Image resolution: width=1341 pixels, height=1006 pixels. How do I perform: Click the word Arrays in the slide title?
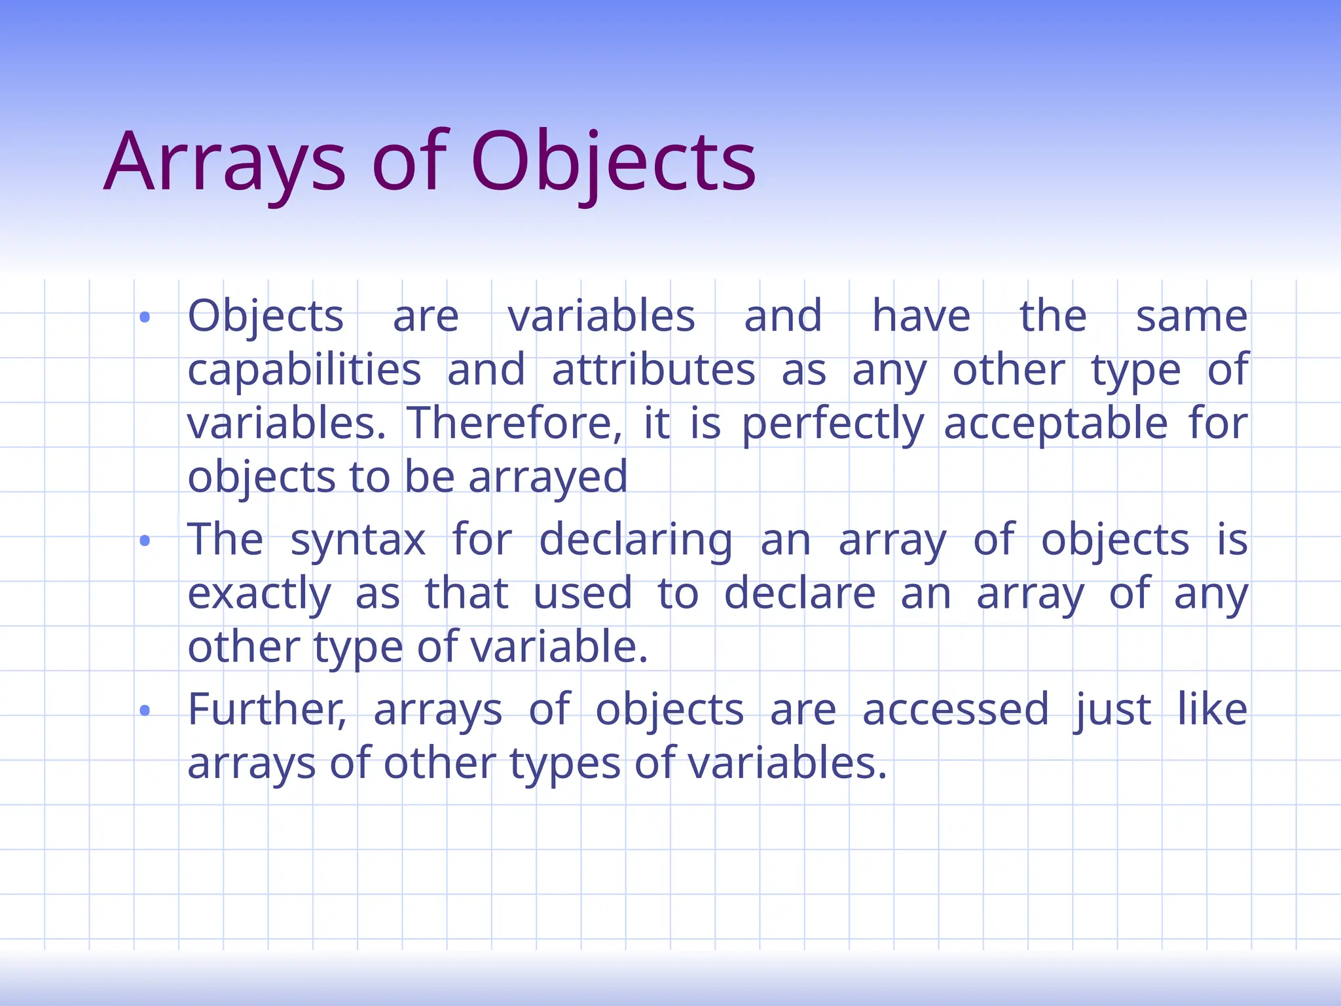[x=225, y=162]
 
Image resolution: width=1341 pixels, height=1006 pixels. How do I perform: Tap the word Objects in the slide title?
[x=613, y=162]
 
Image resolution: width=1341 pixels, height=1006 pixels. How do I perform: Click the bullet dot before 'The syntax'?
[x=145, y=541]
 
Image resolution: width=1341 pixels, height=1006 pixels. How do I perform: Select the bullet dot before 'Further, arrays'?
[x=145, y=711]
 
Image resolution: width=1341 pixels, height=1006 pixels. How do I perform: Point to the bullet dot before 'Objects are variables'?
[x=145, y=318]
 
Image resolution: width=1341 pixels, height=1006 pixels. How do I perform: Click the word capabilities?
[x=304, y=371]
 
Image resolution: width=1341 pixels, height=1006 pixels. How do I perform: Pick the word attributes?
[x=653, y=371]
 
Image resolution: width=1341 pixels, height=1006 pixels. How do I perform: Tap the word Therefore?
[x=515, y=424]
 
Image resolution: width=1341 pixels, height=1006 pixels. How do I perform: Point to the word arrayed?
[x=548, y=478]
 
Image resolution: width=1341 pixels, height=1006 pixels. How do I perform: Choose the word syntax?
[x=358, y=541]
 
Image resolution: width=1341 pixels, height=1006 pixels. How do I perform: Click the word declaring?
[x=636, y=541]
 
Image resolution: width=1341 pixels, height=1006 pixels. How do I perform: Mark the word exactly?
[x=259, y=595]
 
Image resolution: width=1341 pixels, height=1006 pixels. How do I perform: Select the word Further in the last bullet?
[x=267, y=710]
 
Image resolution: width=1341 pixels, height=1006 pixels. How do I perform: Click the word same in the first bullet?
[x=1192, y=317]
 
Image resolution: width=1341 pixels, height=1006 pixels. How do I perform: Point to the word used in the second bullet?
[x=583, y=593]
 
